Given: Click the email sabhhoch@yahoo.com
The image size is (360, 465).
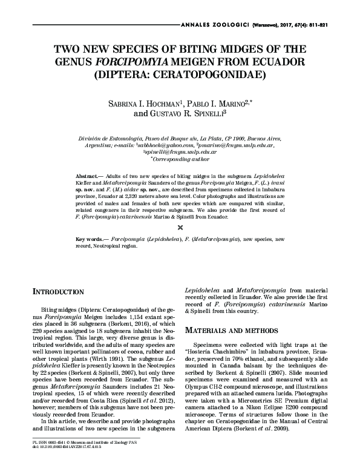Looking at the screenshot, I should point(168,145).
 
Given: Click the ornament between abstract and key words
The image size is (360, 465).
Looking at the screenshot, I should point(180,226).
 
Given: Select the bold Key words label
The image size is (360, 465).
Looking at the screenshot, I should point(94,239).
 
